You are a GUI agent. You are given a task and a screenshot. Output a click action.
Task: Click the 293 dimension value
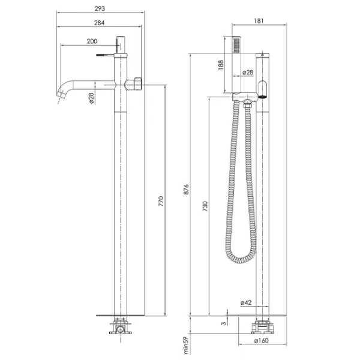(x=100, y=8)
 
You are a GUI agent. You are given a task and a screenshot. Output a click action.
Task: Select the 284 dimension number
(x=100, y=23)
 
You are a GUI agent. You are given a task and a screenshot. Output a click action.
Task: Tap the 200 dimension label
(x=92, y=41)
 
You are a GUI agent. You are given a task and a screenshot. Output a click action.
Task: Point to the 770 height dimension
(x=161, y=201)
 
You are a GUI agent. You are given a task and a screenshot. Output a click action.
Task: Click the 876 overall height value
(x=186, y=190)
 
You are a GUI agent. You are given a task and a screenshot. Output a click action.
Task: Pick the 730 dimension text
(x=205, y=206)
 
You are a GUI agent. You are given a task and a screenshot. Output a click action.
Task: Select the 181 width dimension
(x=259, y=21)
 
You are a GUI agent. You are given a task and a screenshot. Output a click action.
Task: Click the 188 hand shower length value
(x=221, y=65)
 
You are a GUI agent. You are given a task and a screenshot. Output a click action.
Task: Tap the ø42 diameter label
(x=246, y=302)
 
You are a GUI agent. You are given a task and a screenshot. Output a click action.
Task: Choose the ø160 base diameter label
(x=262, y=340)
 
